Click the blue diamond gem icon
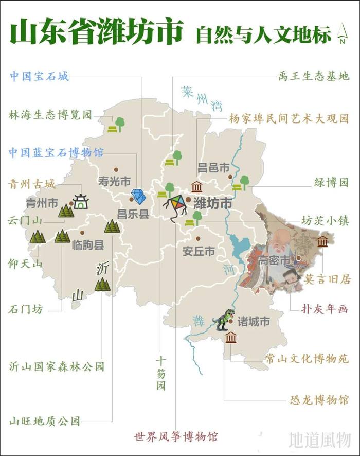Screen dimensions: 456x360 point(138,197)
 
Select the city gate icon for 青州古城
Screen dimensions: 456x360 point(80,201)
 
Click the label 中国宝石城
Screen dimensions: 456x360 point(39,77)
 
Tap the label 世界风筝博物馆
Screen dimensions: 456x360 point(176,437)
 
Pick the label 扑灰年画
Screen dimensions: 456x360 point(326,309)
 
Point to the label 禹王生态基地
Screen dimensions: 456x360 point(313,77)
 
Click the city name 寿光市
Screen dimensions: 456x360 point(114,181)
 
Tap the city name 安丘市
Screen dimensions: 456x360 point(199,252)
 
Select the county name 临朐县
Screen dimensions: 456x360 point(88,244)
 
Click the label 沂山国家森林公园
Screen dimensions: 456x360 point(57,366)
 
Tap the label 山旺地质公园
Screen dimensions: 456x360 point(45,420)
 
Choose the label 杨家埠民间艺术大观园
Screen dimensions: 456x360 point(289,118)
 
